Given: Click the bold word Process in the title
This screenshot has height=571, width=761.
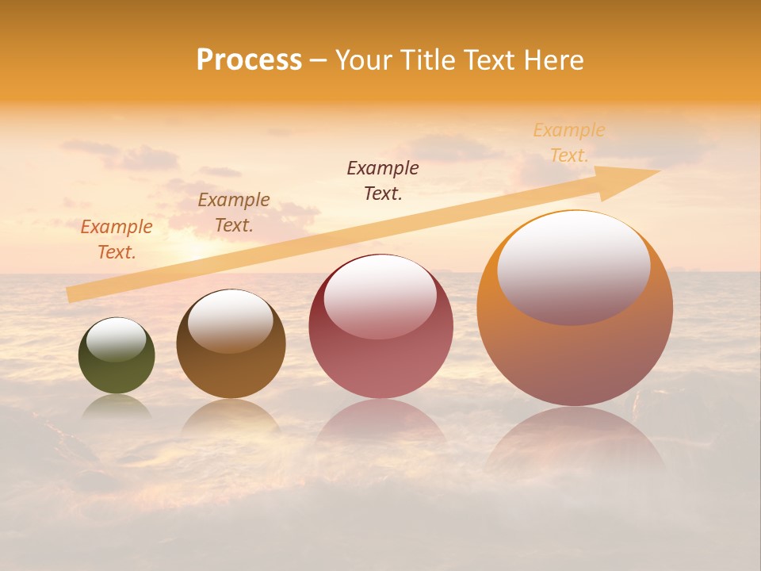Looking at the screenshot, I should (249, 60).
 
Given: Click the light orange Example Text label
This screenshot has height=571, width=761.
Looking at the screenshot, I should (569, 143).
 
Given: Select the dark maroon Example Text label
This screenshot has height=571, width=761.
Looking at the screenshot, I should (383, 180).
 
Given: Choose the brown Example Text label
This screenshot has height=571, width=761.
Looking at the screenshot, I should (234, 213).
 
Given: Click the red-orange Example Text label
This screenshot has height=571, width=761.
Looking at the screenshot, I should (117, 240).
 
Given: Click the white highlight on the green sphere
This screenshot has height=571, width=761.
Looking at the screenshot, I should (117, 339).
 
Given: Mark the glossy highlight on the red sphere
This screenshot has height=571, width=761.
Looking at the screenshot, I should (380, 297).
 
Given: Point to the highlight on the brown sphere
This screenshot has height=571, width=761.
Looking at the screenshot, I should (231, 320).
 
